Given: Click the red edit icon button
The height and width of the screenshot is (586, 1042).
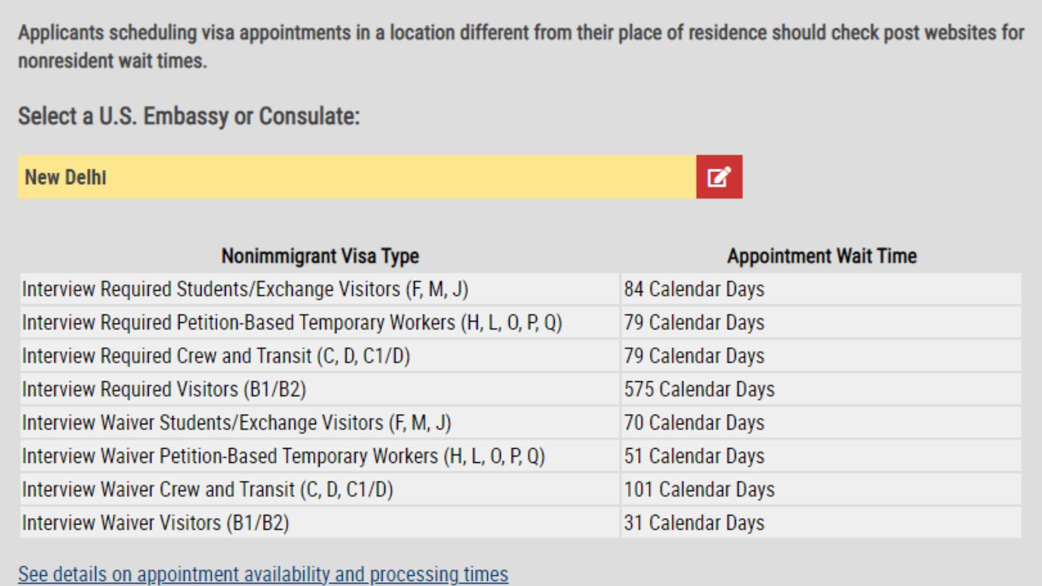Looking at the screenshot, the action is (719, 177).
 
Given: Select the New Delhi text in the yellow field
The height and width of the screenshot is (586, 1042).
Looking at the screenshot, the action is (66, 177).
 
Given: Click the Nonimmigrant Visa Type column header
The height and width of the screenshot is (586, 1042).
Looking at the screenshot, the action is (320, 256).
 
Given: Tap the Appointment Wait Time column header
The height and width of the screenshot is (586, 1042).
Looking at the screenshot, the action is (822, 256).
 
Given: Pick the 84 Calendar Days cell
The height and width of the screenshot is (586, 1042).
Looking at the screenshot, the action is (694, 289).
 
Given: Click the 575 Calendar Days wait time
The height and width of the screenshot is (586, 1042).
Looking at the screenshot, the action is (699, 389).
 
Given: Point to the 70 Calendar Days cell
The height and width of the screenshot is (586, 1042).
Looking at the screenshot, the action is (694, 423).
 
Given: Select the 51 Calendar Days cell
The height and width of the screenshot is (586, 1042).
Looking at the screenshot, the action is (694, 456).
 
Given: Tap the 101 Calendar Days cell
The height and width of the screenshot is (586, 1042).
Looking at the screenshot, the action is (699, 489).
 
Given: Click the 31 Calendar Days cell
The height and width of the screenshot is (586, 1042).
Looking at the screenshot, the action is (694, 523).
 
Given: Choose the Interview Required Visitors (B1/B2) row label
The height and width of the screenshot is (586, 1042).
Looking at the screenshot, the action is (164, 390).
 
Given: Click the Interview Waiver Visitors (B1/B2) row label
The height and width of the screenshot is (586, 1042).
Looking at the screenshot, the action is (156, 523).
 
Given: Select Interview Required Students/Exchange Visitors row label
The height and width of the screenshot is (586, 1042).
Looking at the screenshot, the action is (245, 289).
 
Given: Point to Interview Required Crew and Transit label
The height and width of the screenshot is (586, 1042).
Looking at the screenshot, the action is (216, 356).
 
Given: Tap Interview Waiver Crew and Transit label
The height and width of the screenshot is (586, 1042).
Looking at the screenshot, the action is (208, 489).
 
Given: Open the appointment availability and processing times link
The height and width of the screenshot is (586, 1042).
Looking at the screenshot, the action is (263, 574).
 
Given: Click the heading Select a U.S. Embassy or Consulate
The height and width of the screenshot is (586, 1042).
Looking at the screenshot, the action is (189, 116).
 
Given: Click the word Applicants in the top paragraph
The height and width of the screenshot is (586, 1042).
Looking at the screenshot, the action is (61, 33).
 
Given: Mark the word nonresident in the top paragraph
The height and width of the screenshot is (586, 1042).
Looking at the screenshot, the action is (66, 61).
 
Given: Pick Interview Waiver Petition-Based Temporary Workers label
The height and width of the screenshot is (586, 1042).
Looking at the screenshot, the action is (283, 456).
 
